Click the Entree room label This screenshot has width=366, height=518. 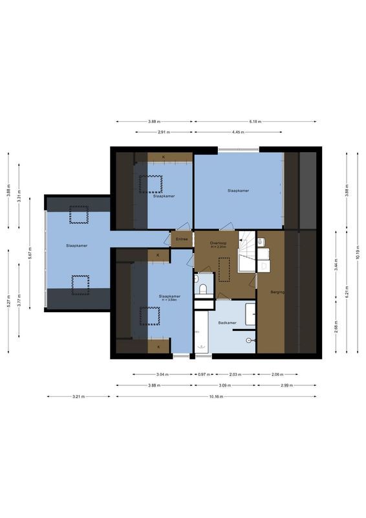click(182, 240)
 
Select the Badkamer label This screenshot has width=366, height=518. click(227, 322)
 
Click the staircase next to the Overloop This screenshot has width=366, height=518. click(246, 253)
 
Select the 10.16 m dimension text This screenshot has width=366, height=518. click(216, 396)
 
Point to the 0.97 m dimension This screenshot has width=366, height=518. click(202, 374)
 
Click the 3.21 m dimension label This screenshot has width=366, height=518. click(79, 396)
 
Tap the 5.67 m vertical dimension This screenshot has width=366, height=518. click(30, 254)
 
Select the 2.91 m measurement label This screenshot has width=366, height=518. click(164, 132)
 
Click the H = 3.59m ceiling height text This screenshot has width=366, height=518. click(169, 300)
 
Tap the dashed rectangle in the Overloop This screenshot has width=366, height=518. click(224, 269)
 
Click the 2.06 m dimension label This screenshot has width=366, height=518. click(277, 374)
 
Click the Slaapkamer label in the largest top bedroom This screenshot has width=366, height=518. click(238, 190)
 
